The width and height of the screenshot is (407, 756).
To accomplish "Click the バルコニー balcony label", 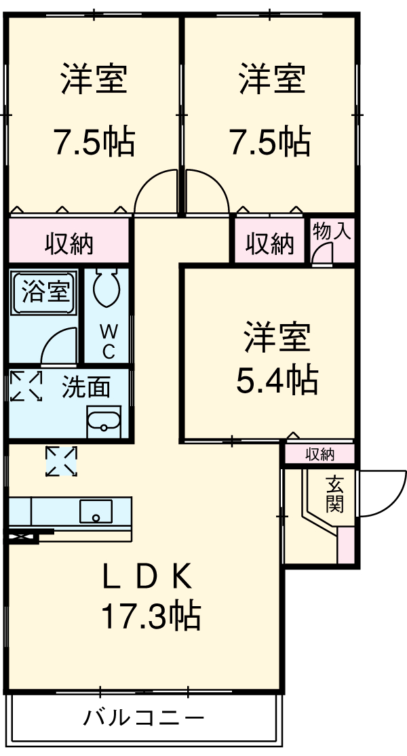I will (x=143, y=718).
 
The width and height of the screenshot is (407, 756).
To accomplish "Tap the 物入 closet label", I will (x=332, y=231).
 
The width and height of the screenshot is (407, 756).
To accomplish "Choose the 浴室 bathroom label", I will (x=45, y=292).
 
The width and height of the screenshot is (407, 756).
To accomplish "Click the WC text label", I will (x=108, y=342).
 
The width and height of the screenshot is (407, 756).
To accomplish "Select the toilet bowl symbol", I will (x=106, y=289).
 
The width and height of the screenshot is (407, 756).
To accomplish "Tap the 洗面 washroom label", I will (x=86, y=387).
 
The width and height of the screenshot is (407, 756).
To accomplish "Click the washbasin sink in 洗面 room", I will (x=103, y=421).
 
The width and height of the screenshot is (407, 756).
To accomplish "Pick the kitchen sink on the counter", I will (x=96, y=511).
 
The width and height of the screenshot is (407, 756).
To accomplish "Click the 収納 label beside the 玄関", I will (x=319, y=454).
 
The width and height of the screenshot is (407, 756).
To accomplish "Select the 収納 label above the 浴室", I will (x=69, y=241).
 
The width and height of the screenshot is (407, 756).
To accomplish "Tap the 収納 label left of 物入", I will (x=269, y=243).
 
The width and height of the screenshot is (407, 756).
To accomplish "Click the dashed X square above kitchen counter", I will (x=61, y=461).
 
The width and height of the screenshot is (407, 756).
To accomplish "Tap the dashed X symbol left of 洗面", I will (x=26, y=386).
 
